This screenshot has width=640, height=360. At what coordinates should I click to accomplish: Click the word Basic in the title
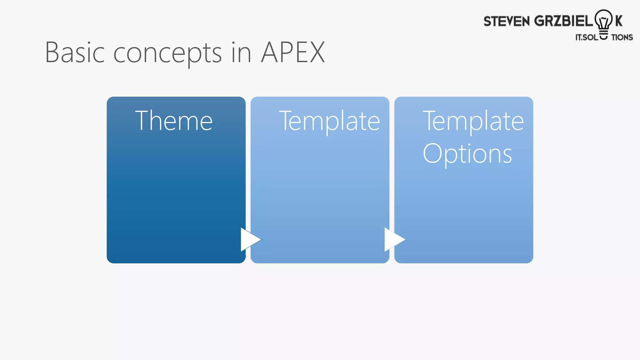click(75, 52)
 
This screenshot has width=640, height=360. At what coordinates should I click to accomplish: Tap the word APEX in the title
click(293, 52)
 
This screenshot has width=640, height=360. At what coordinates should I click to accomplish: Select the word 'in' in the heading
click(241, 52)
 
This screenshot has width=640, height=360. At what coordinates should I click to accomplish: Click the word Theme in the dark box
click(174, 121)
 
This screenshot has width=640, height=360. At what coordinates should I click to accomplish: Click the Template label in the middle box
click(329, 121)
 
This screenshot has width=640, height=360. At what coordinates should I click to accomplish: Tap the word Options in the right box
click(467, 154)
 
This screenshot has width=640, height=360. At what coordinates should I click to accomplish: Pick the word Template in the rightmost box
click(473, 121)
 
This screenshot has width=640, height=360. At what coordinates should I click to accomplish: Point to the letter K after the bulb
click(619, 21)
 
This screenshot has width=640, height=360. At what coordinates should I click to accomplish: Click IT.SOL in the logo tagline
click(587, 37)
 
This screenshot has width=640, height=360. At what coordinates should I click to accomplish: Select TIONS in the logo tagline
click(622, 37)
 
